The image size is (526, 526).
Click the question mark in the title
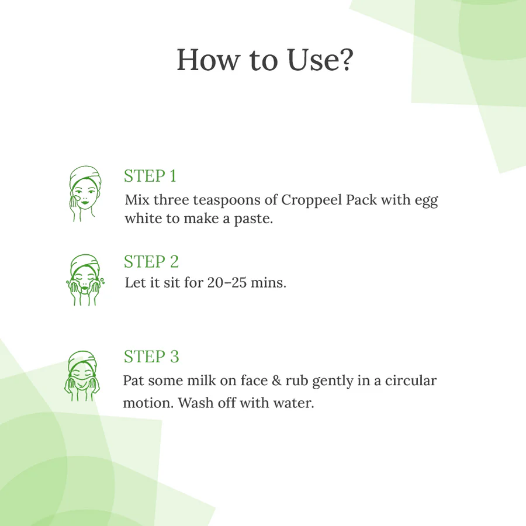click(x=345, y=60)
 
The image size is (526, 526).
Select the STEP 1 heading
click(x=150, y=176)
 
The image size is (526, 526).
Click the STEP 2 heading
click(x=151, y=261)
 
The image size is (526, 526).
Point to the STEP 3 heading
click(x=151, y=357)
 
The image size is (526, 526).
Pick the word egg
click(x=427, y=201)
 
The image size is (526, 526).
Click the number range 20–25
click(x=227, y=282)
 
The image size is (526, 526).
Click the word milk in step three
click(x=201, y=380)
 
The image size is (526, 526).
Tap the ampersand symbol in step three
click(x=277, y=380)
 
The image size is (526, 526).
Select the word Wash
click(x=196, y=403)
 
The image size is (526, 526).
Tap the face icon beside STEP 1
click(x=85, y=193)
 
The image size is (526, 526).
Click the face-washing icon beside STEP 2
click(x=85, y=280)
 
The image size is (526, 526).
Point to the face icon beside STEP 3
click(x=82, y=376)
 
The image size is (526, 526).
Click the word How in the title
click(x=208, y=60)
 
